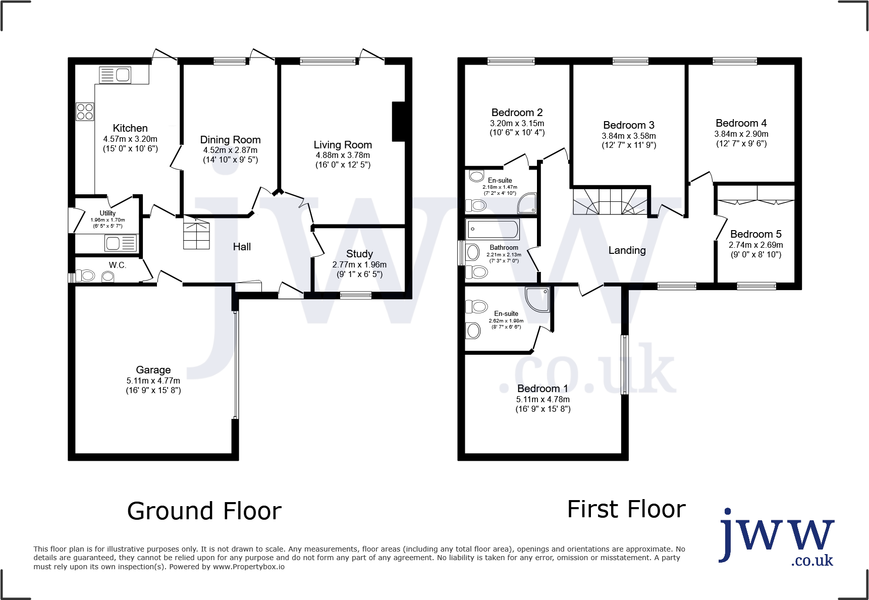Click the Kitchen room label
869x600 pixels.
coord(130,128)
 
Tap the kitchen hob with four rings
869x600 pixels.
coord(85,112)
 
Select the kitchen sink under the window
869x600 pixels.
coord(116,75)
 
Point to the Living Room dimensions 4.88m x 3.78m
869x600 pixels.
coord(343,155)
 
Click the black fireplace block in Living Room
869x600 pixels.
coord(399,122)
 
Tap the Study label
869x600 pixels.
coord(359,254)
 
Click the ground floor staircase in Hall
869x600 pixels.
coord(196,233)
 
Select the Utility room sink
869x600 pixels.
coord(121,243)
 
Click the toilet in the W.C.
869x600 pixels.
coord(86,276)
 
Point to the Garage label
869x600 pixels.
coord(153,370)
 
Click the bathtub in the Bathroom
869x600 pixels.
coord(493,229)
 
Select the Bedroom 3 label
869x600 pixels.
coord(628,125)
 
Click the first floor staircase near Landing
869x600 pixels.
coord(610,201)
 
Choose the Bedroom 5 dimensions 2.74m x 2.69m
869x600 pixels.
coord(755,245)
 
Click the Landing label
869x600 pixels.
coord(627,250)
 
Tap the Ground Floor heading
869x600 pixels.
coord(204,511)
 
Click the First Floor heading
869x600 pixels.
coord(626,509)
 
